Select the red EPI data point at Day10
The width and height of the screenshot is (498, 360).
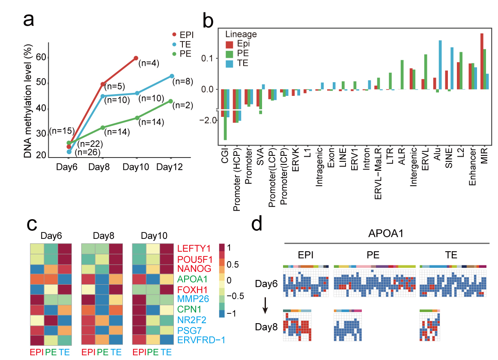pyautogui.click(x=136, y=58)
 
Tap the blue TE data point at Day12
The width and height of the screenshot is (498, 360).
pyautogui.click(x=172, y=76)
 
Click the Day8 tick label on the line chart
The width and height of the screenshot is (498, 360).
pyautogui.click(x=100, y=168)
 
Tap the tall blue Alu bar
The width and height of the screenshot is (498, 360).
pyautogui.click(x=440, y=65)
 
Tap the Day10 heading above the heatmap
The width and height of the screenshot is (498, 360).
pyautogui.click(x=155, y=235)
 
